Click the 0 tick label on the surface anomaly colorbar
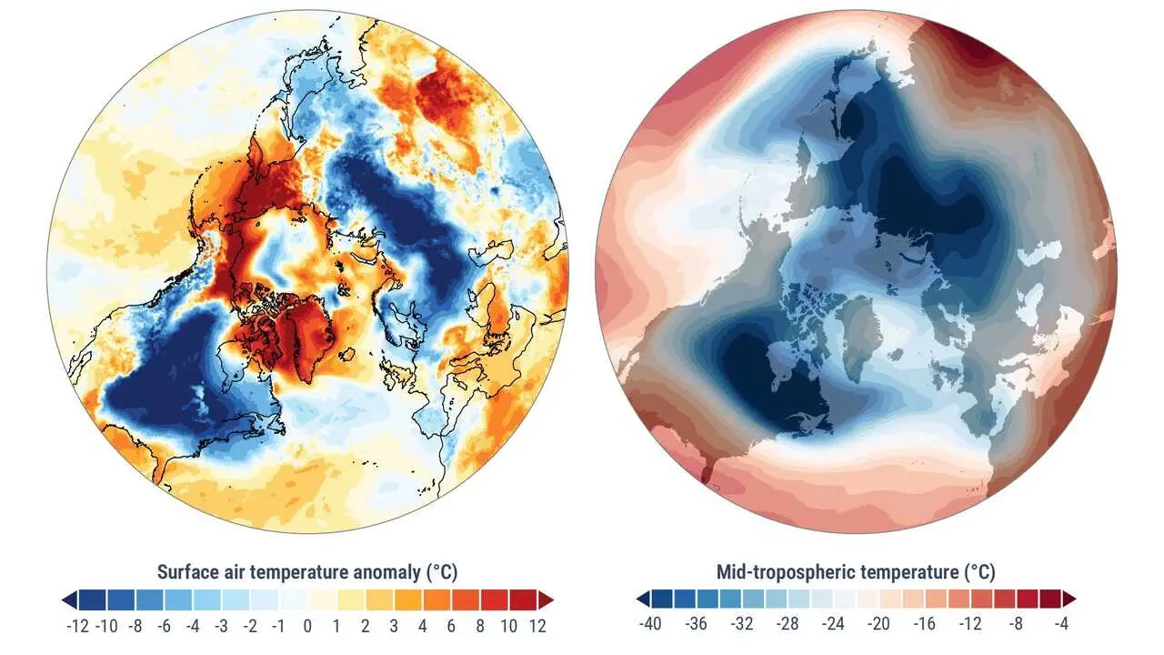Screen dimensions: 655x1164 307,626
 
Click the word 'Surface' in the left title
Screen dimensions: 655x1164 188,572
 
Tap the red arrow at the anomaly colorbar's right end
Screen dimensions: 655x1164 546,600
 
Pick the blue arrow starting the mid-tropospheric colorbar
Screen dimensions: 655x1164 643,598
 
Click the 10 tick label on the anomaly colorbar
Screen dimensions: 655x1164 508,626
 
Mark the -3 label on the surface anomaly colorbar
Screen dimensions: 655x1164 222,626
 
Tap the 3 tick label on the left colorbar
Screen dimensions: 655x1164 394,626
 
